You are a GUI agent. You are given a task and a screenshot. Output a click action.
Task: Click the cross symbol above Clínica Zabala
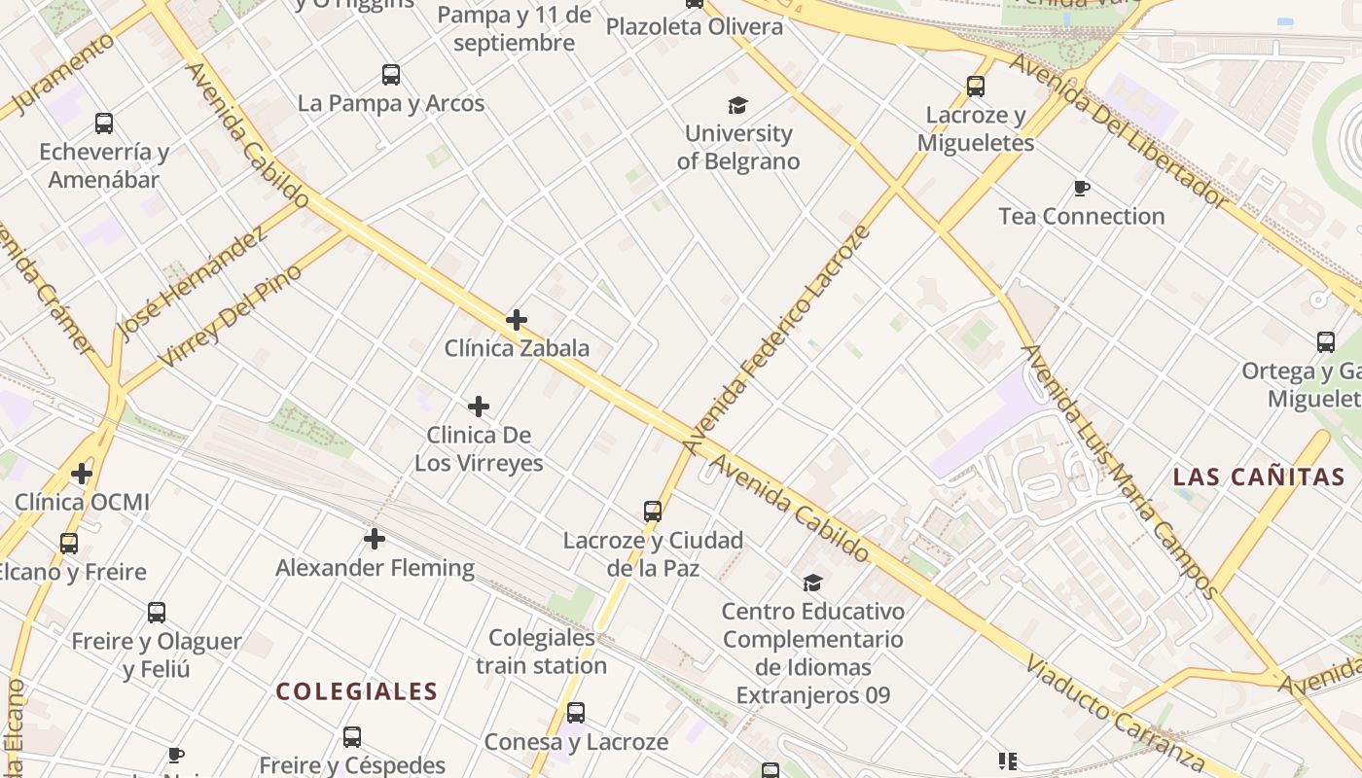[x=517, y=319]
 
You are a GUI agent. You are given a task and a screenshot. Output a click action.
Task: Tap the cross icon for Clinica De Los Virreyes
[x=479, y=407]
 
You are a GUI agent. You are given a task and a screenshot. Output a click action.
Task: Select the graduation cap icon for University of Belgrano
[x=738, y=105]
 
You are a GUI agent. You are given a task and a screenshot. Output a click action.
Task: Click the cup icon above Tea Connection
[x=1081, y=188]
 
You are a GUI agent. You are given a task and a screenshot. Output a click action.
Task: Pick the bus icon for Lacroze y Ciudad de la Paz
[x=653, y=511]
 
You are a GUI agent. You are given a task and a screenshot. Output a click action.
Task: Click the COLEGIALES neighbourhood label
[x=356, y=691]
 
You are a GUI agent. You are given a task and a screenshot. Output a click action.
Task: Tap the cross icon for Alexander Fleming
[x=375, y=539]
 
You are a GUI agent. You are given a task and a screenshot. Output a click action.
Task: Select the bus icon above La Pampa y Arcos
[x=391, y=75]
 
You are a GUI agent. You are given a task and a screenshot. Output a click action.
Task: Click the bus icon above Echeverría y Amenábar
[x=104, y=124]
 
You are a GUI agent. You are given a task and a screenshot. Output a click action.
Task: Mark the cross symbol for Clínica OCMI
[x=82, y=474]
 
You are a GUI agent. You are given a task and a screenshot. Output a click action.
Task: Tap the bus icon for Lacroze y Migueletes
[x=976, y=87]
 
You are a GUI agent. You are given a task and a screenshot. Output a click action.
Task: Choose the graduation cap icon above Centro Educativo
[x=812, y=583]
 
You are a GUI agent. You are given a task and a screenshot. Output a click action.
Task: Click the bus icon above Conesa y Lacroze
[x=576, y=713]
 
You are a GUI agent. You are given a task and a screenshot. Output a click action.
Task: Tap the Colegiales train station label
[x=541, y=652]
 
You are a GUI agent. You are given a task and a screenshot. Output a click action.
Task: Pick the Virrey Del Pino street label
[x=230, y=316]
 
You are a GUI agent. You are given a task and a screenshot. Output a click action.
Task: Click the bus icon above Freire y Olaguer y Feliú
[x=157, y=613]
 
